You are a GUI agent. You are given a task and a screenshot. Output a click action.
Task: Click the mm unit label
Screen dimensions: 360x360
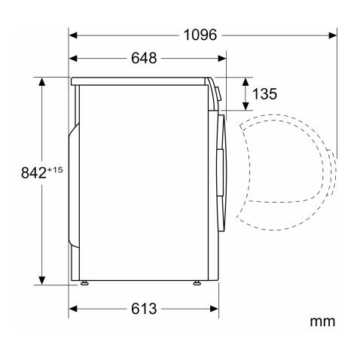coord(322,322)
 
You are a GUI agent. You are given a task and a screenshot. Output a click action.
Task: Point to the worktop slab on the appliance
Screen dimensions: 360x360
coord(139,81)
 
